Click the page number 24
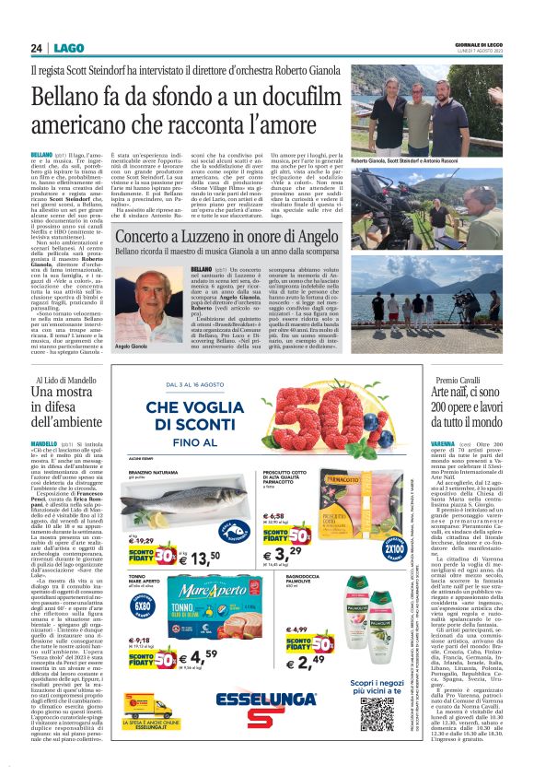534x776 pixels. [36, 48]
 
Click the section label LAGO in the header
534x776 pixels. [67, 48]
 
